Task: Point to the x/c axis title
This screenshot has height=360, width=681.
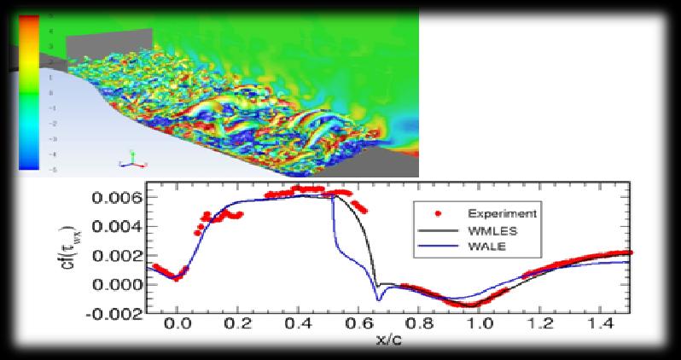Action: [x=392, y=344]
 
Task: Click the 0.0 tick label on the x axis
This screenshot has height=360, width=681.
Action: [x=178, y=327]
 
